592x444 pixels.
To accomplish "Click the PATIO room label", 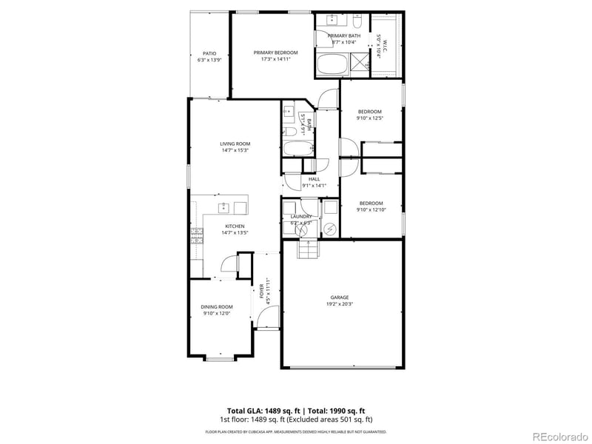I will (x=209, y=53).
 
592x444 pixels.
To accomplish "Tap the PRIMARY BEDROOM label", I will (x=275, y=53).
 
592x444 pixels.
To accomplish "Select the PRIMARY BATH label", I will (x=344, y=36).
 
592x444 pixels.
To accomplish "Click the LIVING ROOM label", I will (x=235, y=144).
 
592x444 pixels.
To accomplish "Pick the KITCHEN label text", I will (x=235, y=226).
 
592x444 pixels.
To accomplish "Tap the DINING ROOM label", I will (x=217, y=306).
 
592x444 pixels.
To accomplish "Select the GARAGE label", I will (x=340, y=297).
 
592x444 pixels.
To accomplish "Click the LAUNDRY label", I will (x=301, y=216).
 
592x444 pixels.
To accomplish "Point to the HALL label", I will (x=314, y=179).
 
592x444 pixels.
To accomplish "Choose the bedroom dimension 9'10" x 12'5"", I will (x=370, y=118).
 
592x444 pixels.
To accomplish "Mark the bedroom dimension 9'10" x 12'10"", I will (x=371, y=209).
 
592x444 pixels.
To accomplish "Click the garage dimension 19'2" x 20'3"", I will (x=340, y=303).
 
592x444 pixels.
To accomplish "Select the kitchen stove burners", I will (x=198, y=236).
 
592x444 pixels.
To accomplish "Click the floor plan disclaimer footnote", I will (x=295, y=431).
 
